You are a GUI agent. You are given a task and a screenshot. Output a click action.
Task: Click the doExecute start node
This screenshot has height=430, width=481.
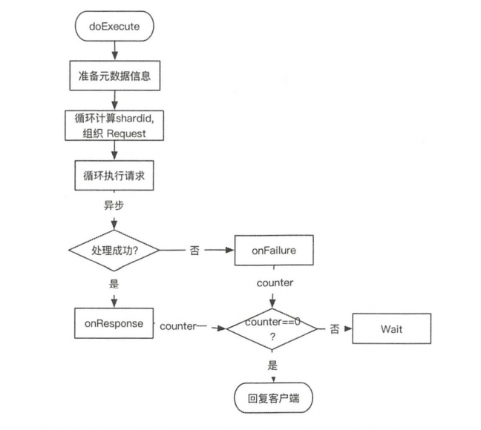tap(114, 28)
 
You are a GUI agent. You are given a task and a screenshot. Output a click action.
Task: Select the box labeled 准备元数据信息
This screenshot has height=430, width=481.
tap(113, 76)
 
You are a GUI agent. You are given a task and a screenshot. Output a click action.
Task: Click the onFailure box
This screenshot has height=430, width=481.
tap(273, 250)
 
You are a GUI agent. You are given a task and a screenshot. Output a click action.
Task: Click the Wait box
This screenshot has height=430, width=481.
tap(392, 328)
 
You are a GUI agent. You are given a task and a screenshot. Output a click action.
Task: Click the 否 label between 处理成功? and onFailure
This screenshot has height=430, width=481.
tap(194, 251)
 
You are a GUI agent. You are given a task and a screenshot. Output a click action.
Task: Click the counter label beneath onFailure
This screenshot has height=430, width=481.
tap(273, 283)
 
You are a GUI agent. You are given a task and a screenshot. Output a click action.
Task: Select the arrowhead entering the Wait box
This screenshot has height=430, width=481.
tap(349, 328)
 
